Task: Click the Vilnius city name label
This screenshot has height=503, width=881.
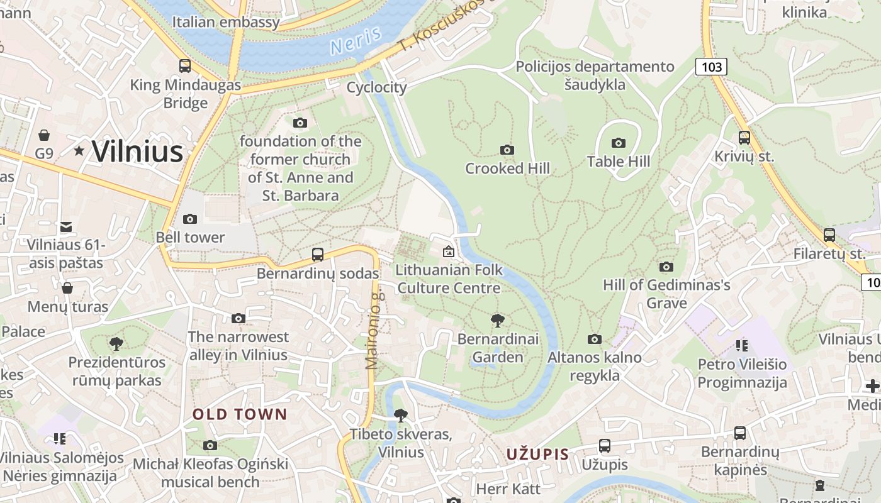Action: coord(137,152)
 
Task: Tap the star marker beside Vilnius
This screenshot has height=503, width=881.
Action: coord(79,151)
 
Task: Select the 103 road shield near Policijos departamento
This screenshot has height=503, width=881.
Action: coord(711,66)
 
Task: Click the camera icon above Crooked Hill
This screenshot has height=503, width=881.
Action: coord(507,150)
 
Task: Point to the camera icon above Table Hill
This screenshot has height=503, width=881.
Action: coord(619,143)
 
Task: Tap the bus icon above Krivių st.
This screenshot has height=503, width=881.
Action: coord(744,137)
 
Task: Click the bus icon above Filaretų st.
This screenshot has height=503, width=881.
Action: coord(829,235)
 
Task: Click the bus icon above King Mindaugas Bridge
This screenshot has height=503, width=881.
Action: coord(185,65)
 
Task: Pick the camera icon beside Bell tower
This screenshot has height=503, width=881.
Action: coord(190,219)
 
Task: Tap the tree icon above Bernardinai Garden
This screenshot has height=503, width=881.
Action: coord(498,321)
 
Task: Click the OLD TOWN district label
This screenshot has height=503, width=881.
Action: coord(240,414)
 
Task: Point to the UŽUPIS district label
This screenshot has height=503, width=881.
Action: coord(538,454)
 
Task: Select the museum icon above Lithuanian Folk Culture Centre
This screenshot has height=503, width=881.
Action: coord(449,251)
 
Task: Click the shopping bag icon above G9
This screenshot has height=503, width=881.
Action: coord(44,135)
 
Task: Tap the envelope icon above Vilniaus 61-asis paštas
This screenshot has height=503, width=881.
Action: coord(66,227)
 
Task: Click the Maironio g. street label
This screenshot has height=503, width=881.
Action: coord(374,329)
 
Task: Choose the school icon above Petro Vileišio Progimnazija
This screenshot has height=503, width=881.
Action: coord(742,345)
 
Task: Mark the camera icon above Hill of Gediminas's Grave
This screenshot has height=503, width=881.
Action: coord(666,267)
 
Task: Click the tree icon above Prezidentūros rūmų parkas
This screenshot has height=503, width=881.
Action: coord(116,344)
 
